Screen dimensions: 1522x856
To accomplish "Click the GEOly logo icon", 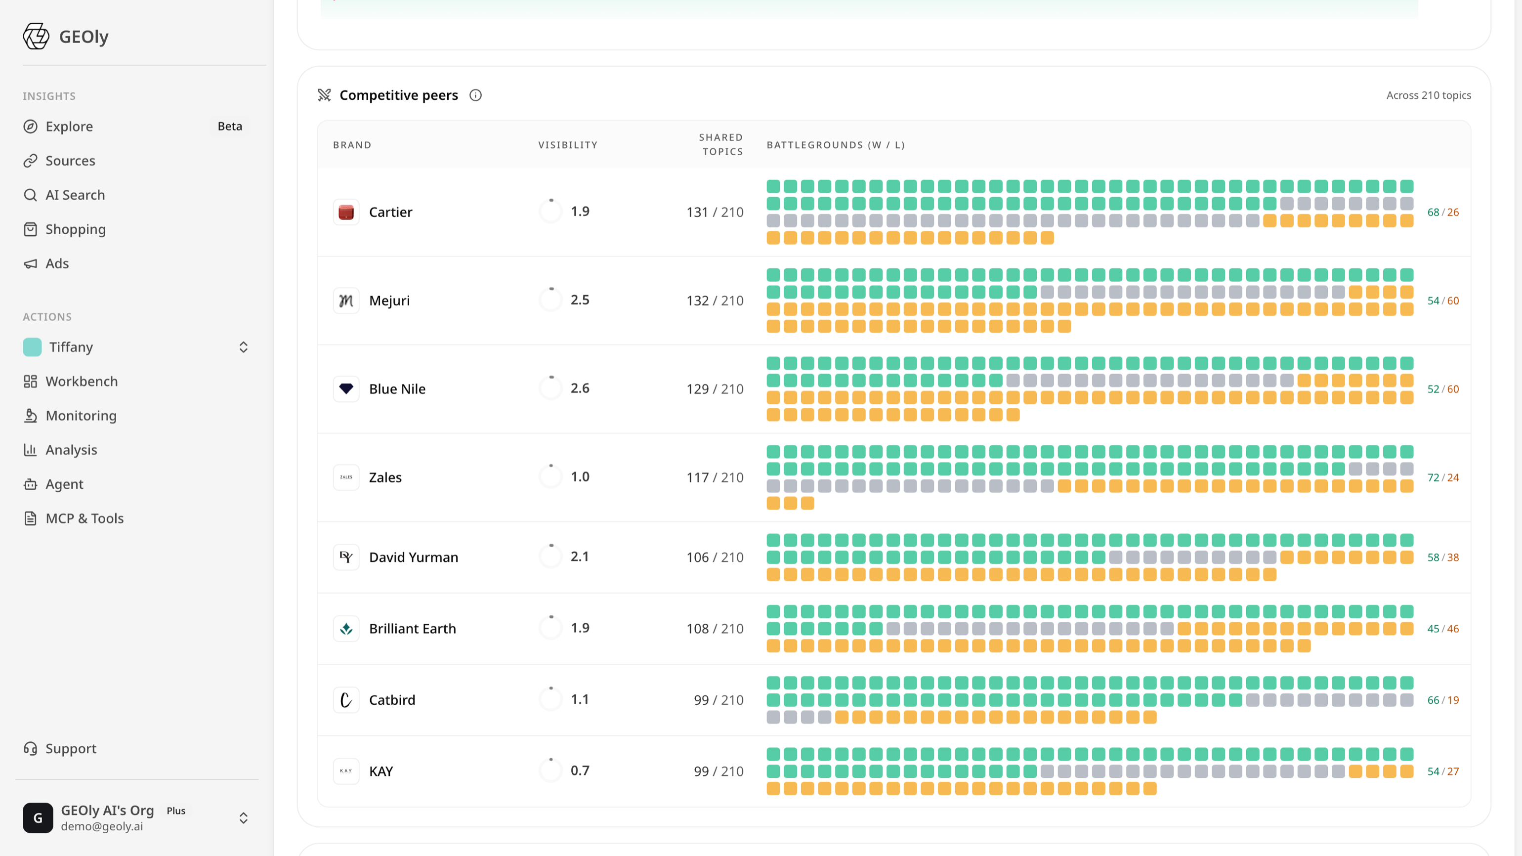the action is coord(36,36).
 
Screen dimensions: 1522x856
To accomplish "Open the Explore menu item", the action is coord(69,127).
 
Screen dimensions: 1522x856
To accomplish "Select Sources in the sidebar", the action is coord(70,161).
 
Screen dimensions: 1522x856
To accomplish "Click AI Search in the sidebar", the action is coord(75,195).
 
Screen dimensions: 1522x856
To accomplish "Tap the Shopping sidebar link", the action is coord(76,229).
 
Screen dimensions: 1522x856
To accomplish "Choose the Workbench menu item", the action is coord(82,382).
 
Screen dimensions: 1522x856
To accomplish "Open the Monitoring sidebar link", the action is coord(81,416).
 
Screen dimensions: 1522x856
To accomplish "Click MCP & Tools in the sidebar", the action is coord(85,518).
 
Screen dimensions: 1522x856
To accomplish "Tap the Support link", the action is coord(71,748).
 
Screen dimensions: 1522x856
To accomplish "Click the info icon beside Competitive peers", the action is coord(475,95).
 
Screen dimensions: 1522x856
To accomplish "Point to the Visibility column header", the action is coord(568,145).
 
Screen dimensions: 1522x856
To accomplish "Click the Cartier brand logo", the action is coord(346,212).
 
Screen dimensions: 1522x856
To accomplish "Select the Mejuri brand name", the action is coord(389,300).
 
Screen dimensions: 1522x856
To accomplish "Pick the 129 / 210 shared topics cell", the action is coord(715,389).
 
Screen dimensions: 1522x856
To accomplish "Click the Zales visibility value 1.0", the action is coord(580,477).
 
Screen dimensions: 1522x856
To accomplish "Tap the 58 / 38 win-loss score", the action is coord(1443,557).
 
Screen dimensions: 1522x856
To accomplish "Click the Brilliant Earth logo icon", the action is coord(346,629).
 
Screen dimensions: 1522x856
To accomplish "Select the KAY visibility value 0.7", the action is coord(580,771).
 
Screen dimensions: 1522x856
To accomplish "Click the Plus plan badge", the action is coord(176,811).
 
